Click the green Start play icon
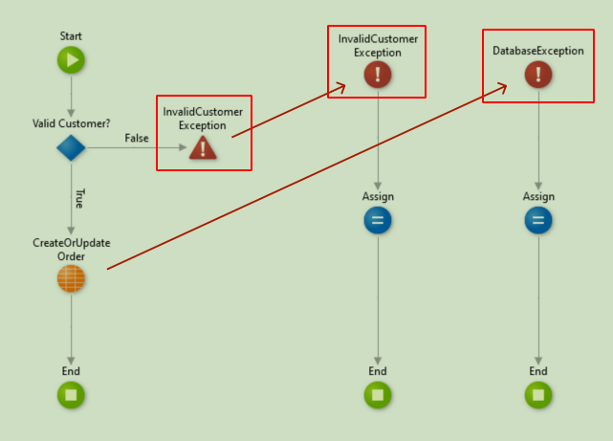coord(71,61)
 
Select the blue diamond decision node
coord(71,147)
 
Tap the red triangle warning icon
coord(203,147)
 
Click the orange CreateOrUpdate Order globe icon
coord(71,278)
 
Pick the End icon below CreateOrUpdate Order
coord(71,394)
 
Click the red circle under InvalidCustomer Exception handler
coord(378,75)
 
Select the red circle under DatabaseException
coord(538,75)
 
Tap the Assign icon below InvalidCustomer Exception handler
coord(378,221)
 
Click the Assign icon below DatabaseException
coord(538,221)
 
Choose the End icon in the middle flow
coord(378,394)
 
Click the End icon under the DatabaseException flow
coord(538,394)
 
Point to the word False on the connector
coord(137,139)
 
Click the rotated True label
coord(79,198)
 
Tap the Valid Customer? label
coord(71,122)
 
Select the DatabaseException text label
coord(538,51)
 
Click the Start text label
coord(71,36)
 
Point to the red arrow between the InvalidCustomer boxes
coord(287,112)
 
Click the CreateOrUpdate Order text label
coord(71,250)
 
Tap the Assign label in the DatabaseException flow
coord(538,196)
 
